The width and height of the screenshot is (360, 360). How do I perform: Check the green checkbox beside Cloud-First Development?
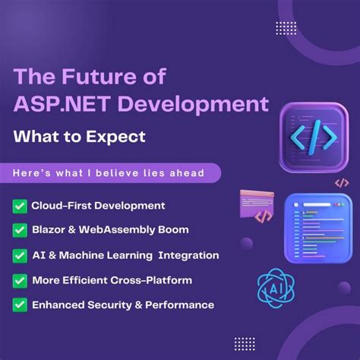20,206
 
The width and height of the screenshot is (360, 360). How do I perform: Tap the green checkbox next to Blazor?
20,229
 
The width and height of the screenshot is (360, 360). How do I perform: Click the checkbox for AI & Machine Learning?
20,255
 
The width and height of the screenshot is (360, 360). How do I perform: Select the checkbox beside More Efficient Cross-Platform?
20,280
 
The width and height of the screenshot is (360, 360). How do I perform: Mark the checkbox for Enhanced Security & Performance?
20,305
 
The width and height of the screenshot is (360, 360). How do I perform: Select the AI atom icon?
275,289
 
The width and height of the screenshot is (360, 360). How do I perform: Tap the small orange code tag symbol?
342,182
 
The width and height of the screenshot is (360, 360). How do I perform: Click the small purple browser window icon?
257,205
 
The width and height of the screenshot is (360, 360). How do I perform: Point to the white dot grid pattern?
286,28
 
